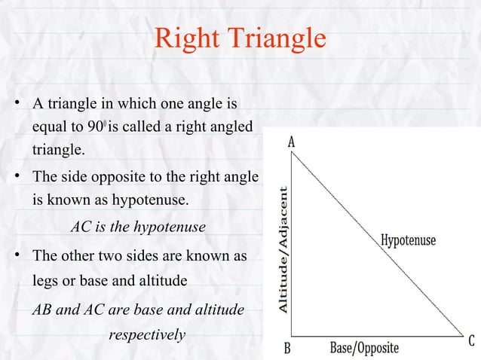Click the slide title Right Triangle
point(240,39)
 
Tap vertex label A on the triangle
point(291,142)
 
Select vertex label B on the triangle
point(286,349)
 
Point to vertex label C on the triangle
point(470,341)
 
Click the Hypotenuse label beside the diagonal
point(408,241)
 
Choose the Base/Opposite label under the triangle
point(364,348)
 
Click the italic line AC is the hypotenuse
point(137,227)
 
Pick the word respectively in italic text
point(147,334)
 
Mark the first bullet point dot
point(15,102)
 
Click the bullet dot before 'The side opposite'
point(15,178)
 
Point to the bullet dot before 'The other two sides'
point(15,256)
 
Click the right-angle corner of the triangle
point(293,336)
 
